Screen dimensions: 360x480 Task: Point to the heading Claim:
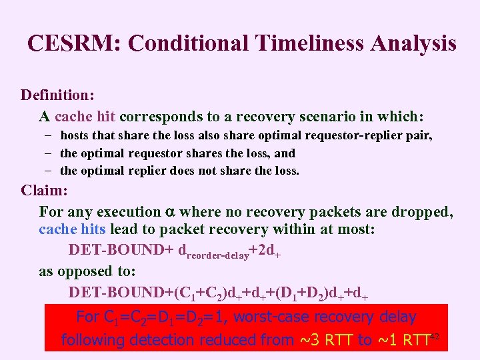45,191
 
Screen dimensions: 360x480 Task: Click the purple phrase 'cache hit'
85,117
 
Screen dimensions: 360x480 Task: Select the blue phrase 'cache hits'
72,229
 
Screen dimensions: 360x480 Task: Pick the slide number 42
435,335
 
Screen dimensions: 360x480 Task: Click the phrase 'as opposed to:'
87,271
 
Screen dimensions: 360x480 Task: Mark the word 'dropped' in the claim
425,212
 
